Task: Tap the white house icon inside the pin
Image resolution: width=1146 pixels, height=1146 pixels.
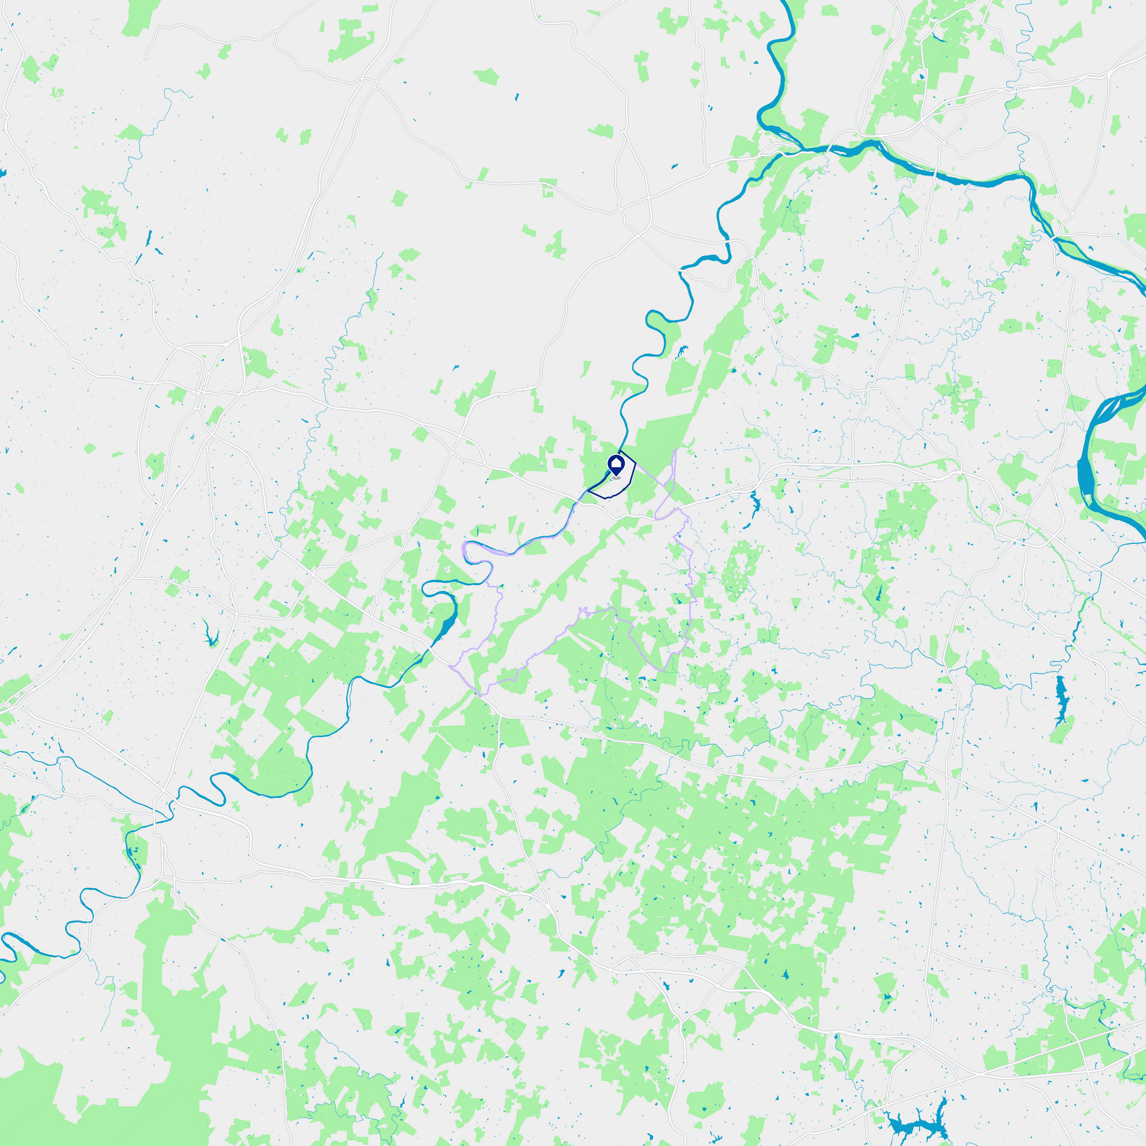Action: (616, 463)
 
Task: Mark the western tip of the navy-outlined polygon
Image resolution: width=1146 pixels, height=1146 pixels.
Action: (587, 491)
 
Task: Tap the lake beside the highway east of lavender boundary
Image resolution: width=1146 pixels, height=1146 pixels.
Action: (755, 506)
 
